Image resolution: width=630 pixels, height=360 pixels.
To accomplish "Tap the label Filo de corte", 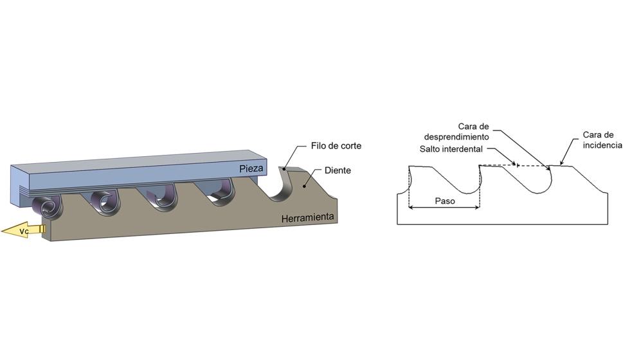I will click(x=336, y=146).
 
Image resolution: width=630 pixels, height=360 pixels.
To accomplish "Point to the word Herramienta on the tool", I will click(x=307, y=219).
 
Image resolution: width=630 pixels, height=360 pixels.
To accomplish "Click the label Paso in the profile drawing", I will click(x=445, y=201).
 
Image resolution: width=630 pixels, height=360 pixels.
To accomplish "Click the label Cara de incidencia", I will click(x=602, y=140).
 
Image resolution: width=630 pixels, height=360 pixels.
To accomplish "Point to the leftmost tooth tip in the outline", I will click(x=410, y=167).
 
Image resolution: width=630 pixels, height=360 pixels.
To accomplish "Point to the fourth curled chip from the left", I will click(x=219, y=193).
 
